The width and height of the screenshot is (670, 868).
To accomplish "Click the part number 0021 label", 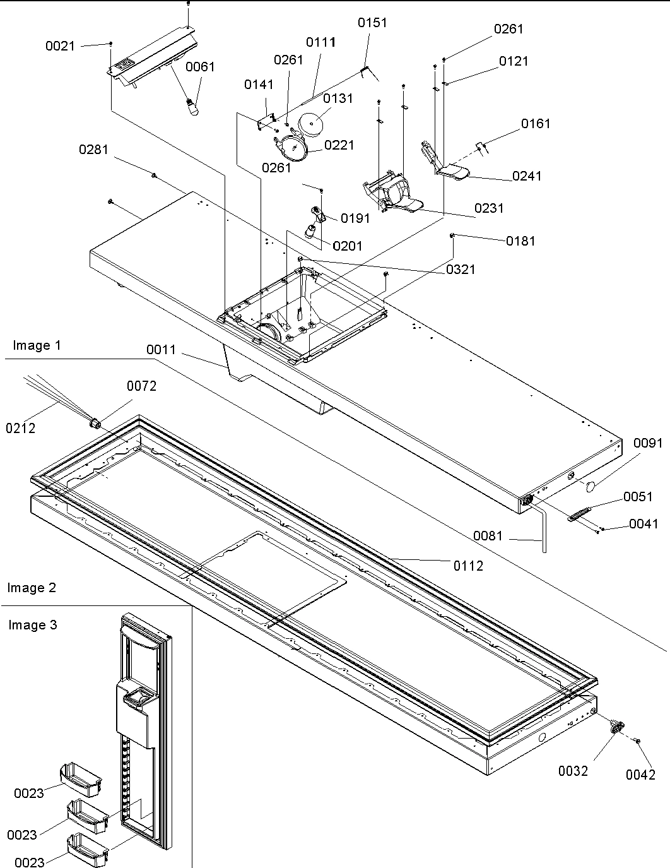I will pos(60,46).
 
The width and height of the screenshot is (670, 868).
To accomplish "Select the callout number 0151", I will pos(372,23).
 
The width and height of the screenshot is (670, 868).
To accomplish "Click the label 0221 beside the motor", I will pos(339,145).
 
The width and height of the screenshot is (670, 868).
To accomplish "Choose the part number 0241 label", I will pos(527,176).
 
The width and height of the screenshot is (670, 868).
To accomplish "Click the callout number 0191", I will pos(355,218).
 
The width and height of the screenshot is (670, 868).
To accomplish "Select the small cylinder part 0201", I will pos(311,230).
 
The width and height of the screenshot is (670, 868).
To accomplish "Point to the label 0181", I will pos(520,241).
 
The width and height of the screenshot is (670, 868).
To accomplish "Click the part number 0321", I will pos(461,270).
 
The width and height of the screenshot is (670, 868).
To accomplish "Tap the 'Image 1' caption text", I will pos(37,345).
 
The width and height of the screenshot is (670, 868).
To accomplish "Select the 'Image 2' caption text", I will pos(32,588).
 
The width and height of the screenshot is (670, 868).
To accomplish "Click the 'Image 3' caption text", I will pos(33,625).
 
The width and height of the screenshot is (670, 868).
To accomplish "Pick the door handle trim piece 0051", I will pos(580,514).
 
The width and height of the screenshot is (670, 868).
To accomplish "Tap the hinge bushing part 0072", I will pos(96,422).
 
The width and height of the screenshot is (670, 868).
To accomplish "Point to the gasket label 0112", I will pos(468,566).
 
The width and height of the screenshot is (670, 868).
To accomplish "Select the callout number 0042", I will pos(640,775).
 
